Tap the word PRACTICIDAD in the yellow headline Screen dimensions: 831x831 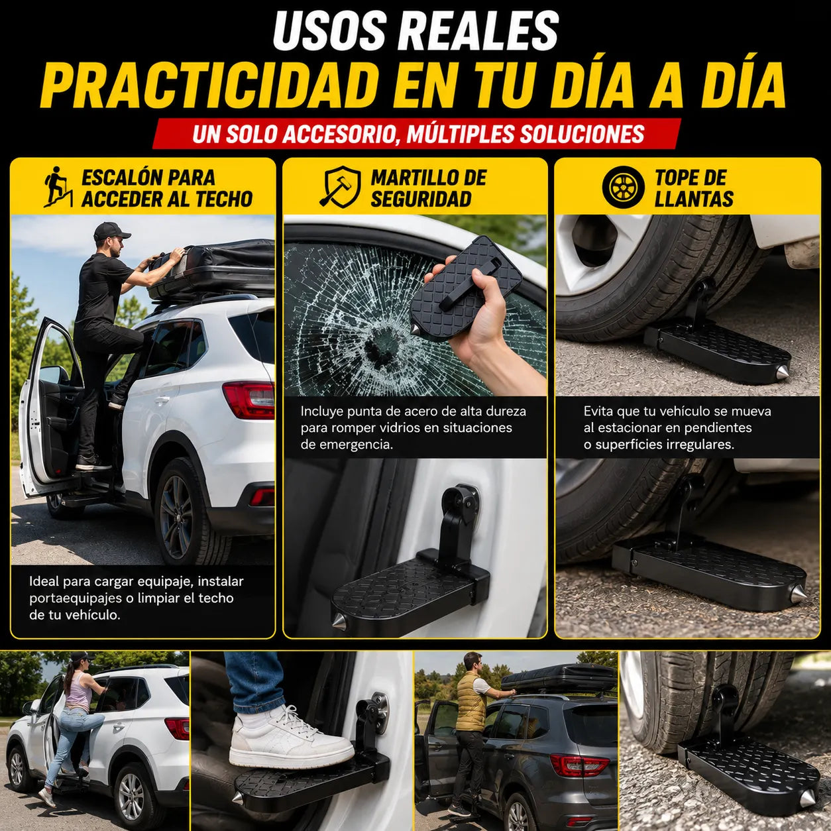click(208, 85)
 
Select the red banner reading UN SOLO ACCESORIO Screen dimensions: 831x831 click(417, 134)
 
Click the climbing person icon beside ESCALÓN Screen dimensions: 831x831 click(58, 187)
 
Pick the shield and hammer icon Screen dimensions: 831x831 click(340, 187)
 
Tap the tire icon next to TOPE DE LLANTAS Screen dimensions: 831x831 click(623, 187)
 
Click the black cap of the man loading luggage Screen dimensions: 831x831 click(111, 231)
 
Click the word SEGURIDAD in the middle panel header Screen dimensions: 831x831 click(421, 199)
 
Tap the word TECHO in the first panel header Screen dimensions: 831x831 click(224, 199)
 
